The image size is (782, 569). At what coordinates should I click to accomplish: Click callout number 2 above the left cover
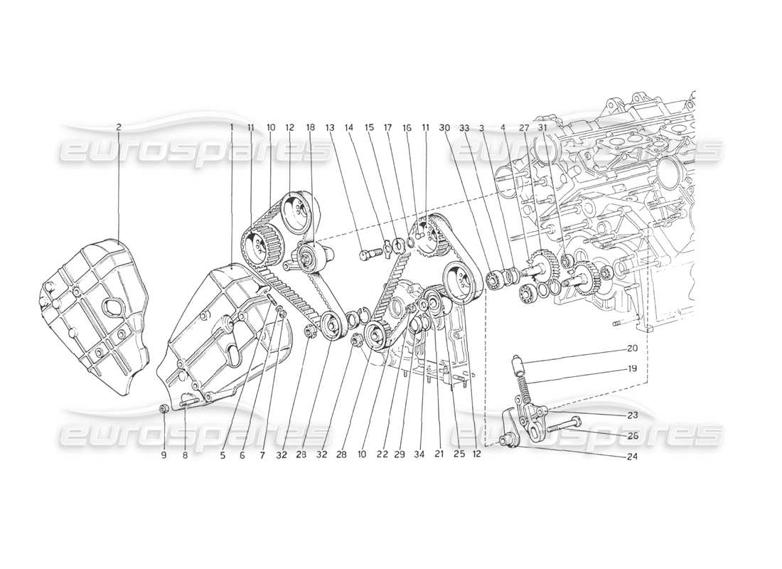click(x=119, y=127)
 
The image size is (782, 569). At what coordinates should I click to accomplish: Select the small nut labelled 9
click(x=164, y=408)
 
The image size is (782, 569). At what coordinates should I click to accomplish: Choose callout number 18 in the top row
click(x=310, y=127)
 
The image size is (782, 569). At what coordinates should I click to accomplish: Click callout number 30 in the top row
click(x=444, y=127)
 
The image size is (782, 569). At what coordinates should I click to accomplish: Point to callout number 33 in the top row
click(x=464, y=127)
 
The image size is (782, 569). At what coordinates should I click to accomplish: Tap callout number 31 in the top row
click(x=543, y=127)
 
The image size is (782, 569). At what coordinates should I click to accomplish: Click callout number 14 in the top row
click(x=349, y=127)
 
